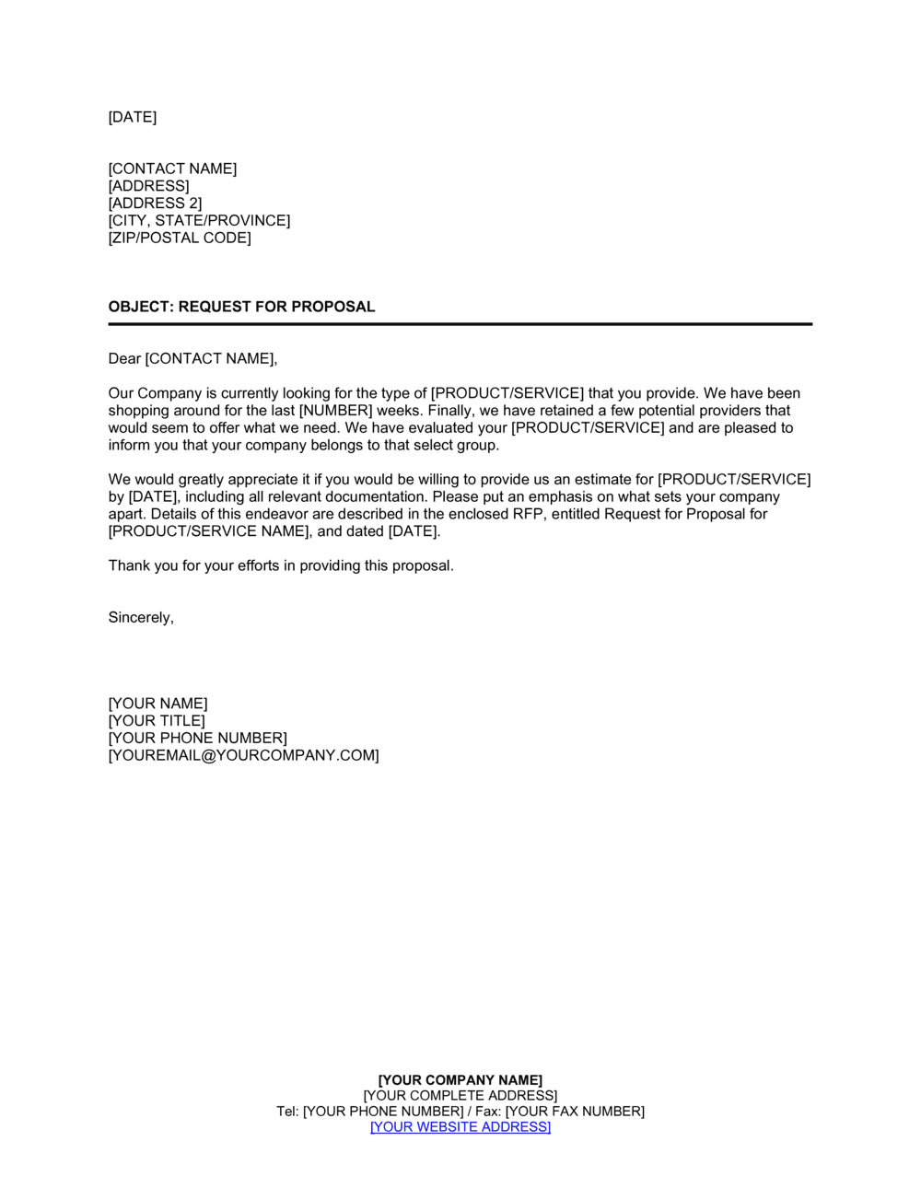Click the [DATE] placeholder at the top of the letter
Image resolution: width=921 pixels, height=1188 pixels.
pos(133,117)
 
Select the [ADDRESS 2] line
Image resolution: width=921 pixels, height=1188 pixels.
pos(155,204)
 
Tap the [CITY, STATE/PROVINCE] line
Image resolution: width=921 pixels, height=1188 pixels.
pos(199,221)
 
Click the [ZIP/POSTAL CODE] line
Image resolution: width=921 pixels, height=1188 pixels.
pos(180,239)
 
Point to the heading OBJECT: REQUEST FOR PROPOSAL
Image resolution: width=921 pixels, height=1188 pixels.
pos(241,308)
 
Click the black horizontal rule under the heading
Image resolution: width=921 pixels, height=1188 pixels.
pos(460,324)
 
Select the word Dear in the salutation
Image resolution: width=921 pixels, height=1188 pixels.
pos(124,359)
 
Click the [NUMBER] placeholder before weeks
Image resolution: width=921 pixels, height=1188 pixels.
pos(336,411)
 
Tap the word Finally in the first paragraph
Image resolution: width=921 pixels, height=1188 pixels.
pos(449,411)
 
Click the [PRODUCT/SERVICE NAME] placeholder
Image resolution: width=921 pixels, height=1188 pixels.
pos(209,531)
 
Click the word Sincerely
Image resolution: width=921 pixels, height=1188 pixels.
pos(141,618)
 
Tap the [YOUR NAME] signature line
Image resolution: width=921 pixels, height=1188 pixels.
pos(157,705)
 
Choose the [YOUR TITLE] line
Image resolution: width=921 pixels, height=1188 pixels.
pos(157,721)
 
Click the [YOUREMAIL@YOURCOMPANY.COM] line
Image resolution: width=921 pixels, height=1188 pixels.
pos(243,756)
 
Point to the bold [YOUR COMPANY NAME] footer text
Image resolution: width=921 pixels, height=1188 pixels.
pos(460,1080)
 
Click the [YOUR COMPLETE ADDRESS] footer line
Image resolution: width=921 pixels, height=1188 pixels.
pos(460,1096)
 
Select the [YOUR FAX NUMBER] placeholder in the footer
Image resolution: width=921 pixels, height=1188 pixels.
pos(575,1112)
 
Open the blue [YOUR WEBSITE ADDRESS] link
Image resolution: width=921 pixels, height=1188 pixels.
pos(460,1127)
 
